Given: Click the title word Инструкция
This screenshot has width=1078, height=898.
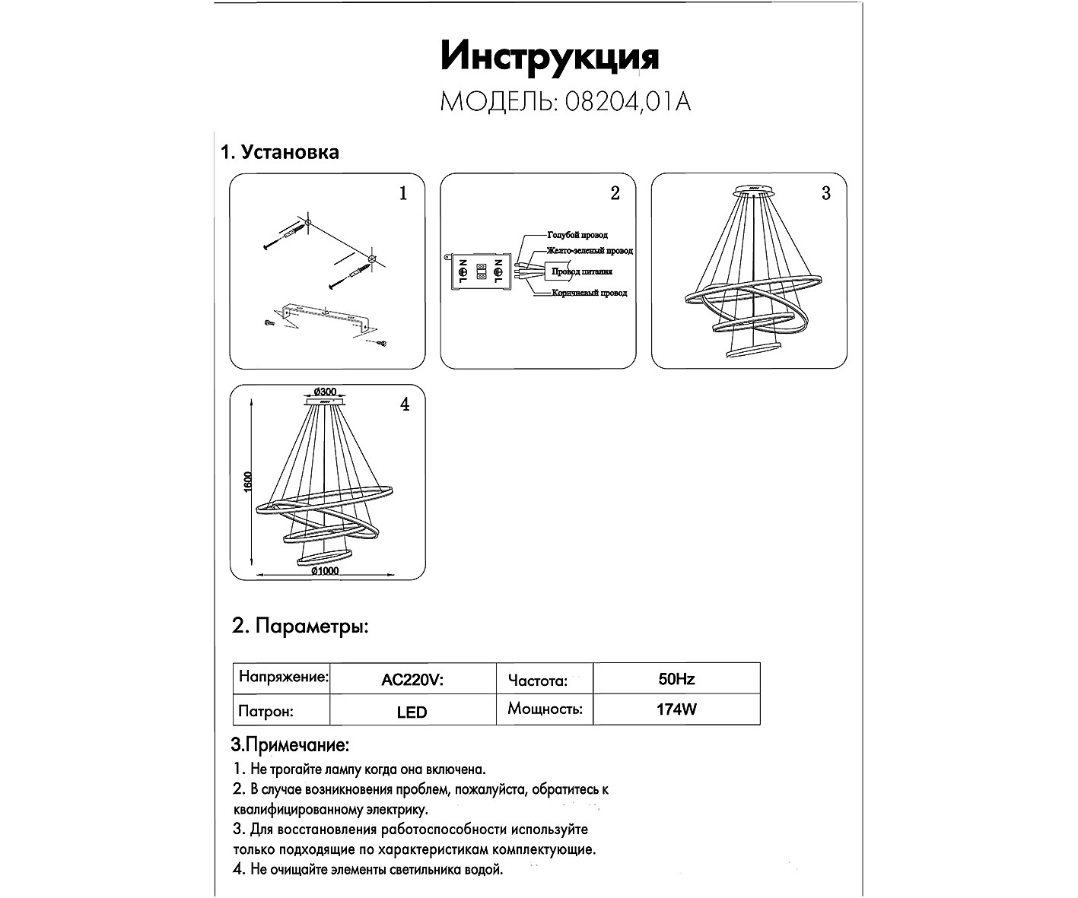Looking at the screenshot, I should [549, 57].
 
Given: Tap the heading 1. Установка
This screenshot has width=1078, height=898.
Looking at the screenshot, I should [279, 152].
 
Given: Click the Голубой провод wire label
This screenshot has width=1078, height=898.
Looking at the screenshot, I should [577, 235].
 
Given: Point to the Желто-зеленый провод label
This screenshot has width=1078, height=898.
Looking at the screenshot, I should [589, 251].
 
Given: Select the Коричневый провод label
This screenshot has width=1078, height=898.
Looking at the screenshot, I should [590, 293].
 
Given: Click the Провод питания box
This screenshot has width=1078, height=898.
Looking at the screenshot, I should [580, 271].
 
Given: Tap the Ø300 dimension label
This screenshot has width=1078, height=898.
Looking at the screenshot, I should [324, 392].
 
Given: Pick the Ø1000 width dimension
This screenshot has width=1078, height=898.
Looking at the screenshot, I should [324, 571].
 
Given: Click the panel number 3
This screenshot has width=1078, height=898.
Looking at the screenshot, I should [826, 193].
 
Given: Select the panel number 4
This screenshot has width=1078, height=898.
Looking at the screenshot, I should [405, 405].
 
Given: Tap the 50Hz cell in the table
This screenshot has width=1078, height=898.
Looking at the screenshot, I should [676, 678].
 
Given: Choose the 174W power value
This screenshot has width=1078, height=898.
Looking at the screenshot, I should [676, 710].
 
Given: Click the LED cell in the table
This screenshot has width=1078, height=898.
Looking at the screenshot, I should [412, 712].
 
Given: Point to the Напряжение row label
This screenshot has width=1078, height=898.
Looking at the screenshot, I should [283, 677].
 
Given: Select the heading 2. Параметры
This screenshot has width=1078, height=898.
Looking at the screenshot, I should [301, 627].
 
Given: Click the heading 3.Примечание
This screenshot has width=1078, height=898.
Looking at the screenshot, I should [290, 744].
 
